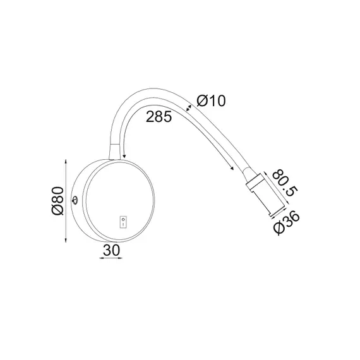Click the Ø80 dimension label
click(56, 201)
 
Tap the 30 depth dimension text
click(111, 250)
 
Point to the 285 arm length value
click(159, 117)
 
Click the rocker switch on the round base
click(123, 221)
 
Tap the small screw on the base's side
click(76, 201)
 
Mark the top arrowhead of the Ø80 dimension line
click(67, 162)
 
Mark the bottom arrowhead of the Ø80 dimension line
click(67, 240)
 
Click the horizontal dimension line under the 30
click(111, 259)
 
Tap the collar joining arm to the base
click(114, 152)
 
